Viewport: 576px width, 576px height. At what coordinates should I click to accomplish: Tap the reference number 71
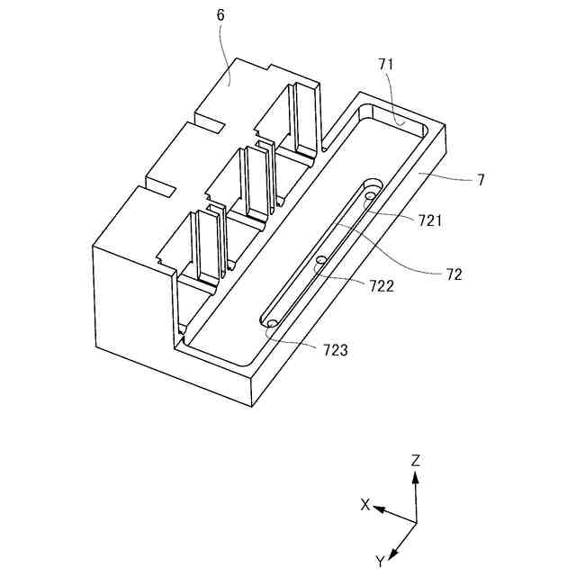pos(386,64)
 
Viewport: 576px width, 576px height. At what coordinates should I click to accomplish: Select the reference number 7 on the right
pos(481,179)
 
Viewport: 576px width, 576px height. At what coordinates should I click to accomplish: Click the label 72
pos(454,275)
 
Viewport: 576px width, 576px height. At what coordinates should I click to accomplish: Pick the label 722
pos(382,285)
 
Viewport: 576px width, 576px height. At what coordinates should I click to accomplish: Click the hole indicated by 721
pos(369,196)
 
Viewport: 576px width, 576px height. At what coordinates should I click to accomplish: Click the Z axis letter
pos(415,460)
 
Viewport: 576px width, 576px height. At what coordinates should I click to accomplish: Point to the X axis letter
pos(365,505)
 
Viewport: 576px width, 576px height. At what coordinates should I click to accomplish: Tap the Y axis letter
pos(381,562)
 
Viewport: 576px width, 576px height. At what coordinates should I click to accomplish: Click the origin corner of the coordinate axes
pos(416,521)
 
